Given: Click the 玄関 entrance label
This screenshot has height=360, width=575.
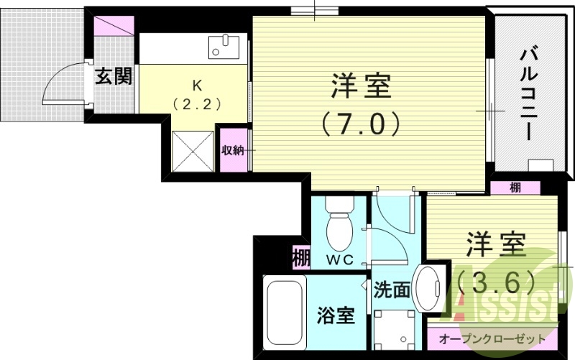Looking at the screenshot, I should click(114, 76).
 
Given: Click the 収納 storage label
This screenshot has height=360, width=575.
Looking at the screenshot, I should click(232, 150).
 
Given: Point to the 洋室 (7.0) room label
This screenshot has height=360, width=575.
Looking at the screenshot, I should click(361, 104).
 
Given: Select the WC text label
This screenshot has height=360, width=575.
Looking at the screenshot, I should click(339, 260).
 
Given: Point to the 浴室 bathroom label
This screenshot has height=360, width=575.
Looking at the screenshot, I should click(336, 315).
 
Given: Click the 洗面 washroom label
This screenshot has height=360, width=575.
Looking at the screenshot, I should click(392, 290).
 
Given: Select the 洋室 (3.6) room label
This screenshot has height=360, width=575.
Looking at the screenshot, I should click(494, 259).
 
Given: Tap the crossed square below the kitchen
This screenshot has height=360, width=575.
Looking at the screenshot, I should click(194, 152).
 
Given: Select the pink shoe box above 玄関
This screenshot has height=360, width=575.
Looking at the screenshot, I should click(113, 27).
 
